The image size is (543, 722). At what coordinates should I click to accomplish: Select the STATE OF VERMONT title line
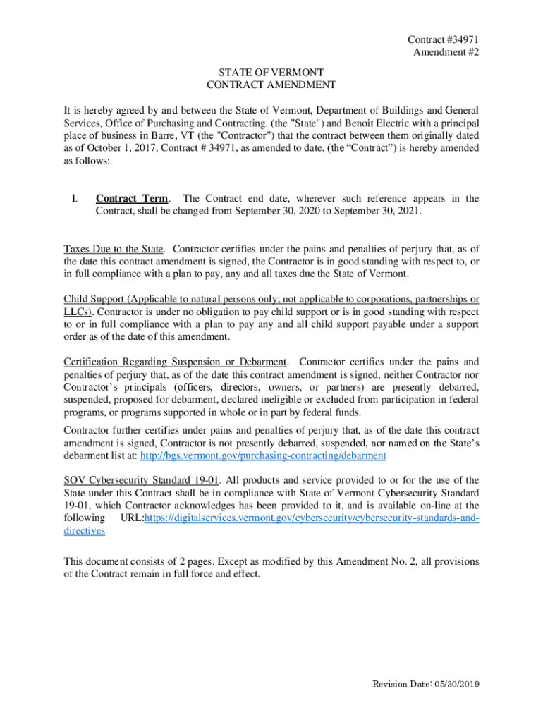(271, 73)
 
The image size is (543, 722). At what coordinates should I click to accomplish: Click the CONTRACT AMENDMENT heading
(271, 85)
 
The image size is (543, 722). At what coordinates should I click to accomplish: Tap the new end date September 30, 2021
(385, 211)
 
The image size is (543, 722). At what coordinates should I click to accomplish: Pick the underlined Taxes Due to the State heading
(114, 249)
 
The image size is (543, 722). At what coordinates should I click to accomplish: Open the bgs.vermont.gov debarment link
(263, 456)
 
